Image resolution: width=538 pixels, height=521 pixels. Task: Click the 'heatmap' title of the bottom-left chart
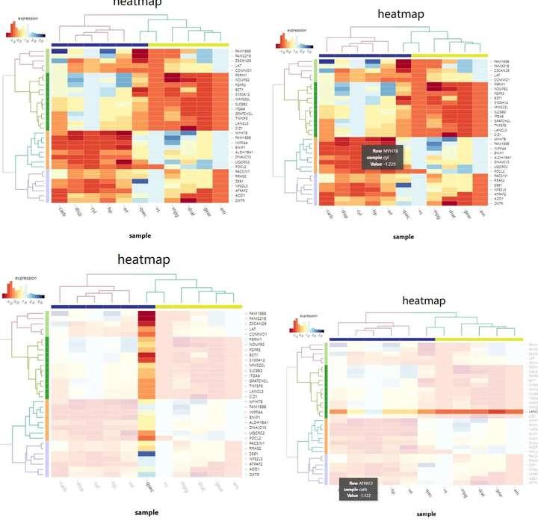click(143, 260)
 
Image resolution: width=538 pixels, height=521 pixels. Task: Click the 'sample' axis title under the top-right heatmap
click(403, 236)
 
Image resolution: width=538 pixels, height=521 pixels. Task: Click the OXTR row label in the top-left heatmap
click(241, 201)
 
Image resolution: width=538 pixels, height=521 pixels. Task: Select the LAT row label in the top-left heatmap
click(238, 65)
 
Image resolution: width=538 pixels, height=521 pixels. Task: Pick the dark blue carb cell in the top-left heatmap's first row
click(60, 50)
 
